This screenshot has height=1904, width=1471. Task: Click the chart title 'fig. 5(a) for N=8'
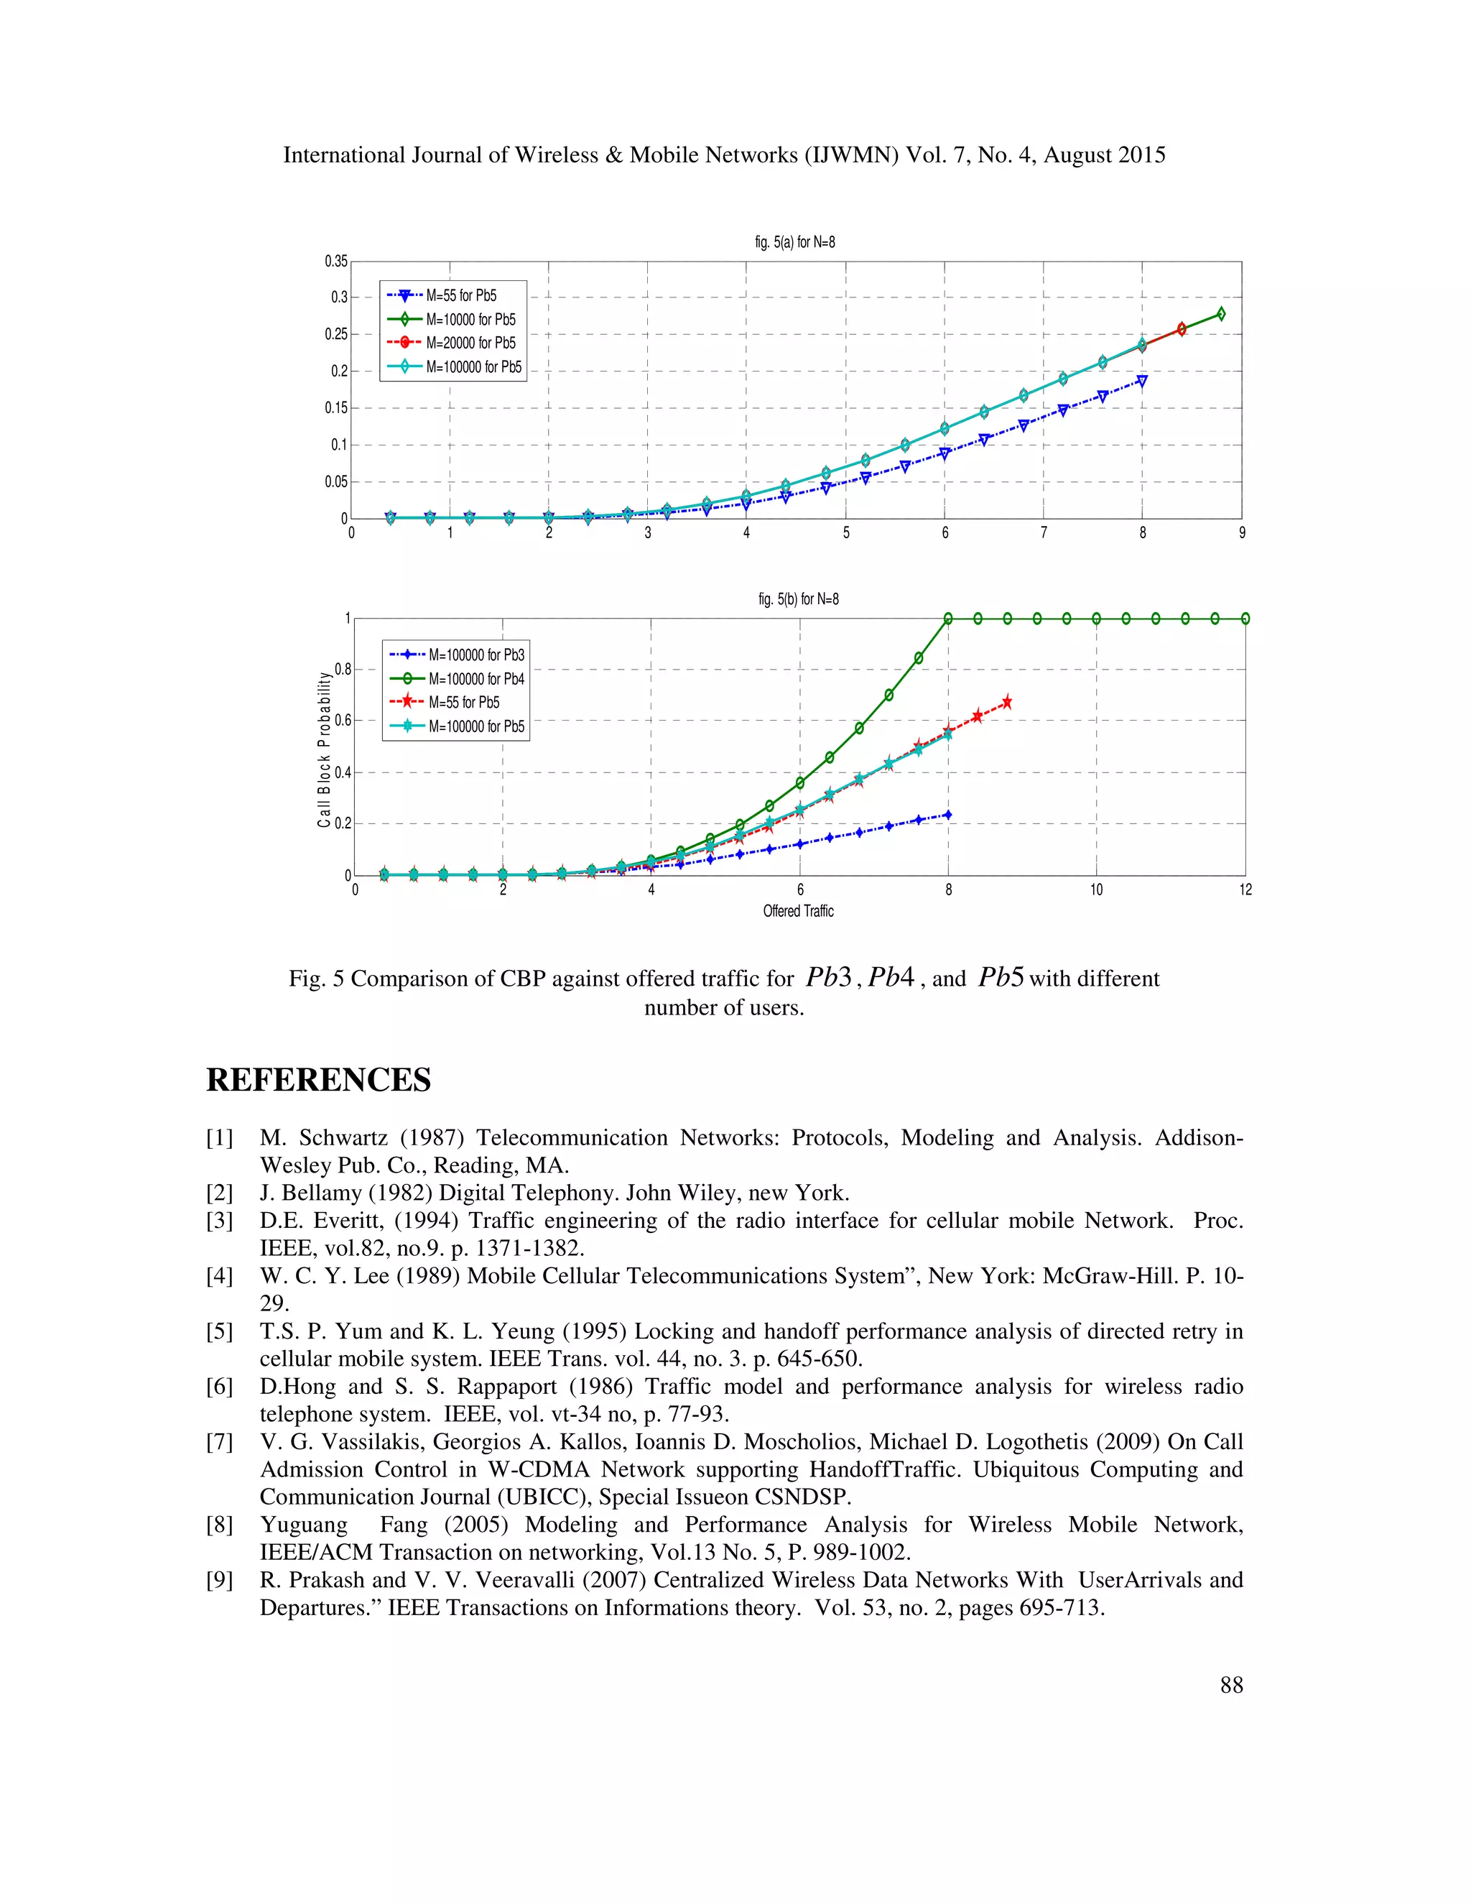pos(795,242)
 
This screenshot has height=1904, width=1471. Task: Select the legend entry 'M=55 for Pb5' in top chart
pos(461,295)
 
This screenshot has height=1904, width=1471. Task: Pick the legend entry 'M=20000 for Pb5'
pos(470,343)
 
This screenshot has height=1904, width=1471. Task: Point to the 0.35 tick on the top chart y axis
pos(336,262)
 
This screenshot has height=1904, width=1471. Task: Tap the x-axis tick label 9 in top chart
pos(1242,532)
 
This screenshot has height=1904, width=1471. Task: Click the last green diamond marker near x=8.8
pos(1221,314)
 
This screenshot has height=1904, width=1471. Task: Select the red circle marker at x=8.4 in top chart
pos(1182,328)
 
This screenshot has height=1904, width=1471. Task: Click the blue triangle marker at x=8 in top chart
pos(1141,381)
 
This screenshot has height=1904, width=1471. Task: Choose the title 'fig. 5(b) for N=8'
pos(798,599)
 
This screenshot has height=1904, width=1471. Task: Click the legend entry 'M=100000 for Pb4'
pos(475,678)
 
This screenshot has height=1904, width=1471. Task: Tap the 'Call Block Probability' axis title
pos(324,749)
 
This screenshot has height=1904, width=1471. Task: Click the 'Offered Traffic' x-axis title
pos(798,911)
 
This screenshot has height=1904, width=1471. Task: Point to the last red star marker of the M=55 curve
pos(1008,702)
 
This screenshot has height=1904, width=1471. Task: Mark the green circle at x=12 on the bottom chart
pos(1245,618)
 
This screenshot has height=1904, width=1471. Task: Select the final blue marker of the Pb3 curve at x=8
pos(947,814)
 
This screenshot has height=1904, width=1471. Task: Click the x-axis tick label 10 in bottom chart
pos(1096,890)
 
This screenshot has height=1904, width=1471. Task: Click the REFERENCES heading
pos(318,1079)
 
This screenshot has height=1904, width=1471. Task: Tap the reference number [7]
pos(220,1442)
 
